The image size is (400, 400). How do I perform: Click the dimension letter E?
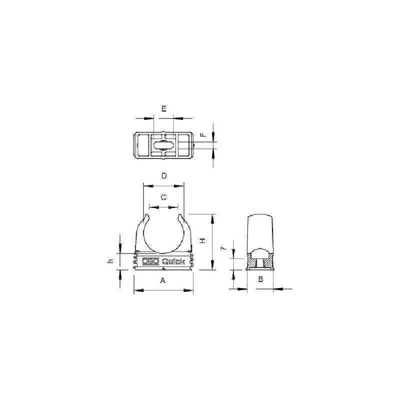tap(164, 108)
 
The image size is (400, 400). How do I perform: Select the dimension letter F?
tap(203, 134)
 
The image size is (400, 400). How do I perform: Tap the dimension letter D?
tap(164, 176)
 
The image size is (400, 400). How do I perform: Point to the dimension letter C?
tap(164, 197)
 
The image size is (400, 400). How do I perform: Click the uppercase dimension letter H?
tap(202, 240)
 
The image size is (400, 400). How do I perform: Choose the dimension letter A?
tap(163, 280)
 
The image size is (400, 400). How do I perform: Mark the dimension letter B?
tap(260, 279)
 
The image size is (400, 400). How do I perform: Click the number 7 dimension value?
tap(223, 248)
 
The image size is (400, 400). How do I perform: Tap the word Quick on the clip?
tap(173, 261)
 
